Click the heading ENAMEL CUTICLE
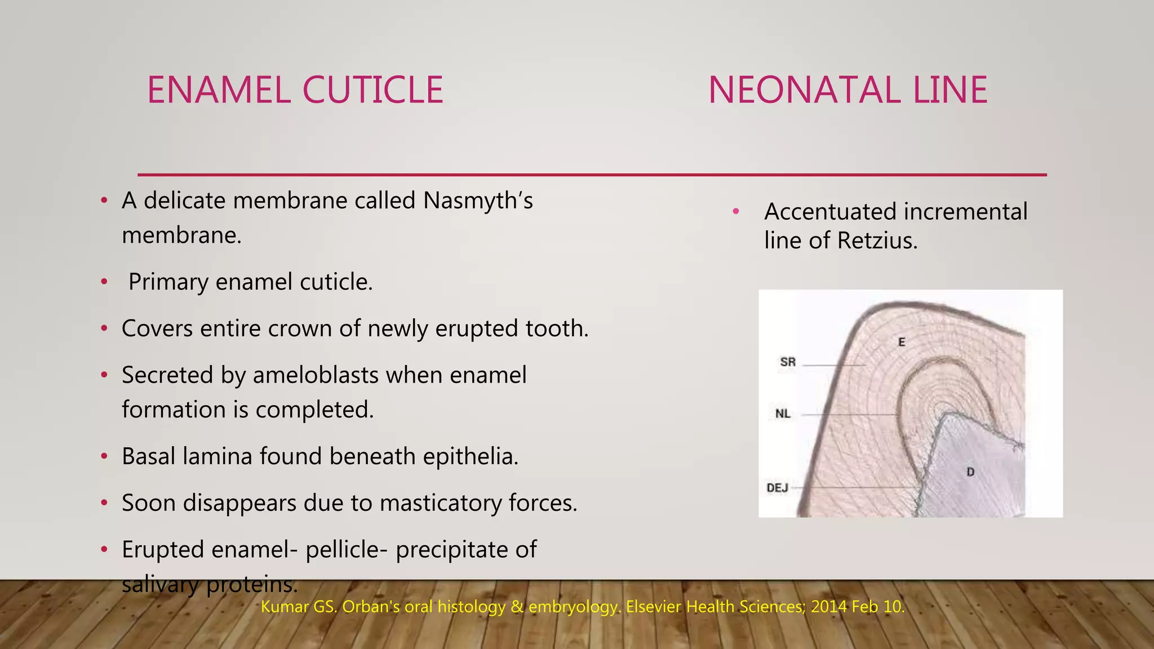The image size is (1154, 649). tap(295, 90)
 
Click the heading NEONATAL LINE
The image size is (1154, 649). tap(847, 90)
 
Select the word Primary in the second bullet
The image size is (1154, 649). tap(168, 282)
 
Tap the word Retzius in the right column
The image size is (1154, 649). tap(877, 241)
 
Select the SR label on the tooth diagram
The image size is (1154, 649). tap(788, 362)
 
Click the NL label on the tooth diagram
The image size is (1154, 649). tap(783, 414)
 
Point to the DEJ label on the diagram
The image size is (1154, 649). tap(778, 488)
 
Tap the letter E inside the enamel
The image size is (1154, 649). tap(902, 342)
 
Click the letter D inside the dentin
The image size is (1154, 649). tap(970, 472)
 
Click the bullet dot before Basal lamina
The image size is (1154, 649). tap(104, 456)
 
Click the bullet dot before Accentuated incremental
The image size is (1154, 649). tap(735, 212)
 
